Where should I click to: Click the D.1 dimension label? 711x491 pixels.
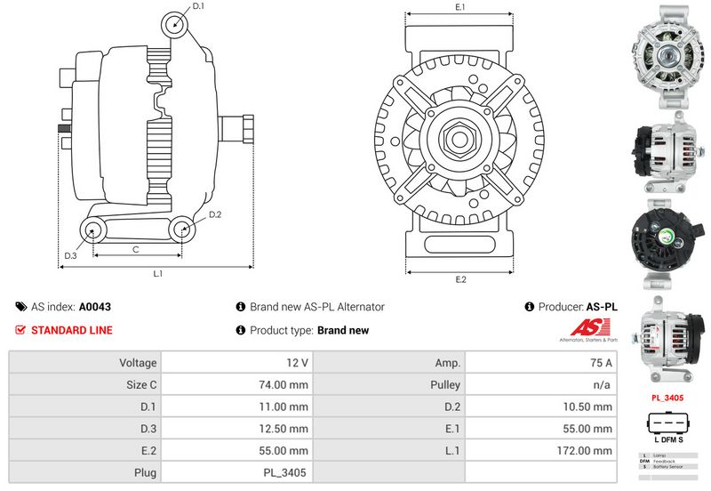point(198,6)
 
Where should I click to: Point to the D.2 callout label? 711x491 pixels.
point(214,215)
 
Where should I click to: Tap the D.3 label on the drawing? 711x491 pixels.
point(70,257)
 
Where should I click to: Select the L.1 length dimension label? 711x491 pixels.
point(157,273)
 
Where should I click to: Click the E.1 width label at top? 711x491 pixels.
point(460,7)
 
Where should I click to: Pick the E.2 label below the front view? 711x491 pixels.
point(460,280)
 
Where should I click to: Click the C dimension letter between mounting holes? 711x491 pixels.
point(135,250)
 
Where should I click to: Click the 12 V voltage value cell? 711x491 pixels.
point(299,363)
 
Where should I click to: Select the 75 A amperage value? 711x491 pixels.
point(602,363)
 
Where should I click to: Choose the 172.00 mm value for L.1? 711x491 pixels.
point(590,451)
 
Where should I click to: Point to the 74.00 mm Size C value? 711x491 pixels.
point(287,385)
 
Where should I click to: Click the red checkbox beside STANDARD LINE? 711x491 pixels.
point(21,330)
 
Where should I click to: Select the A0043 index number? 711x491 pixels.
point(95,307)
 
